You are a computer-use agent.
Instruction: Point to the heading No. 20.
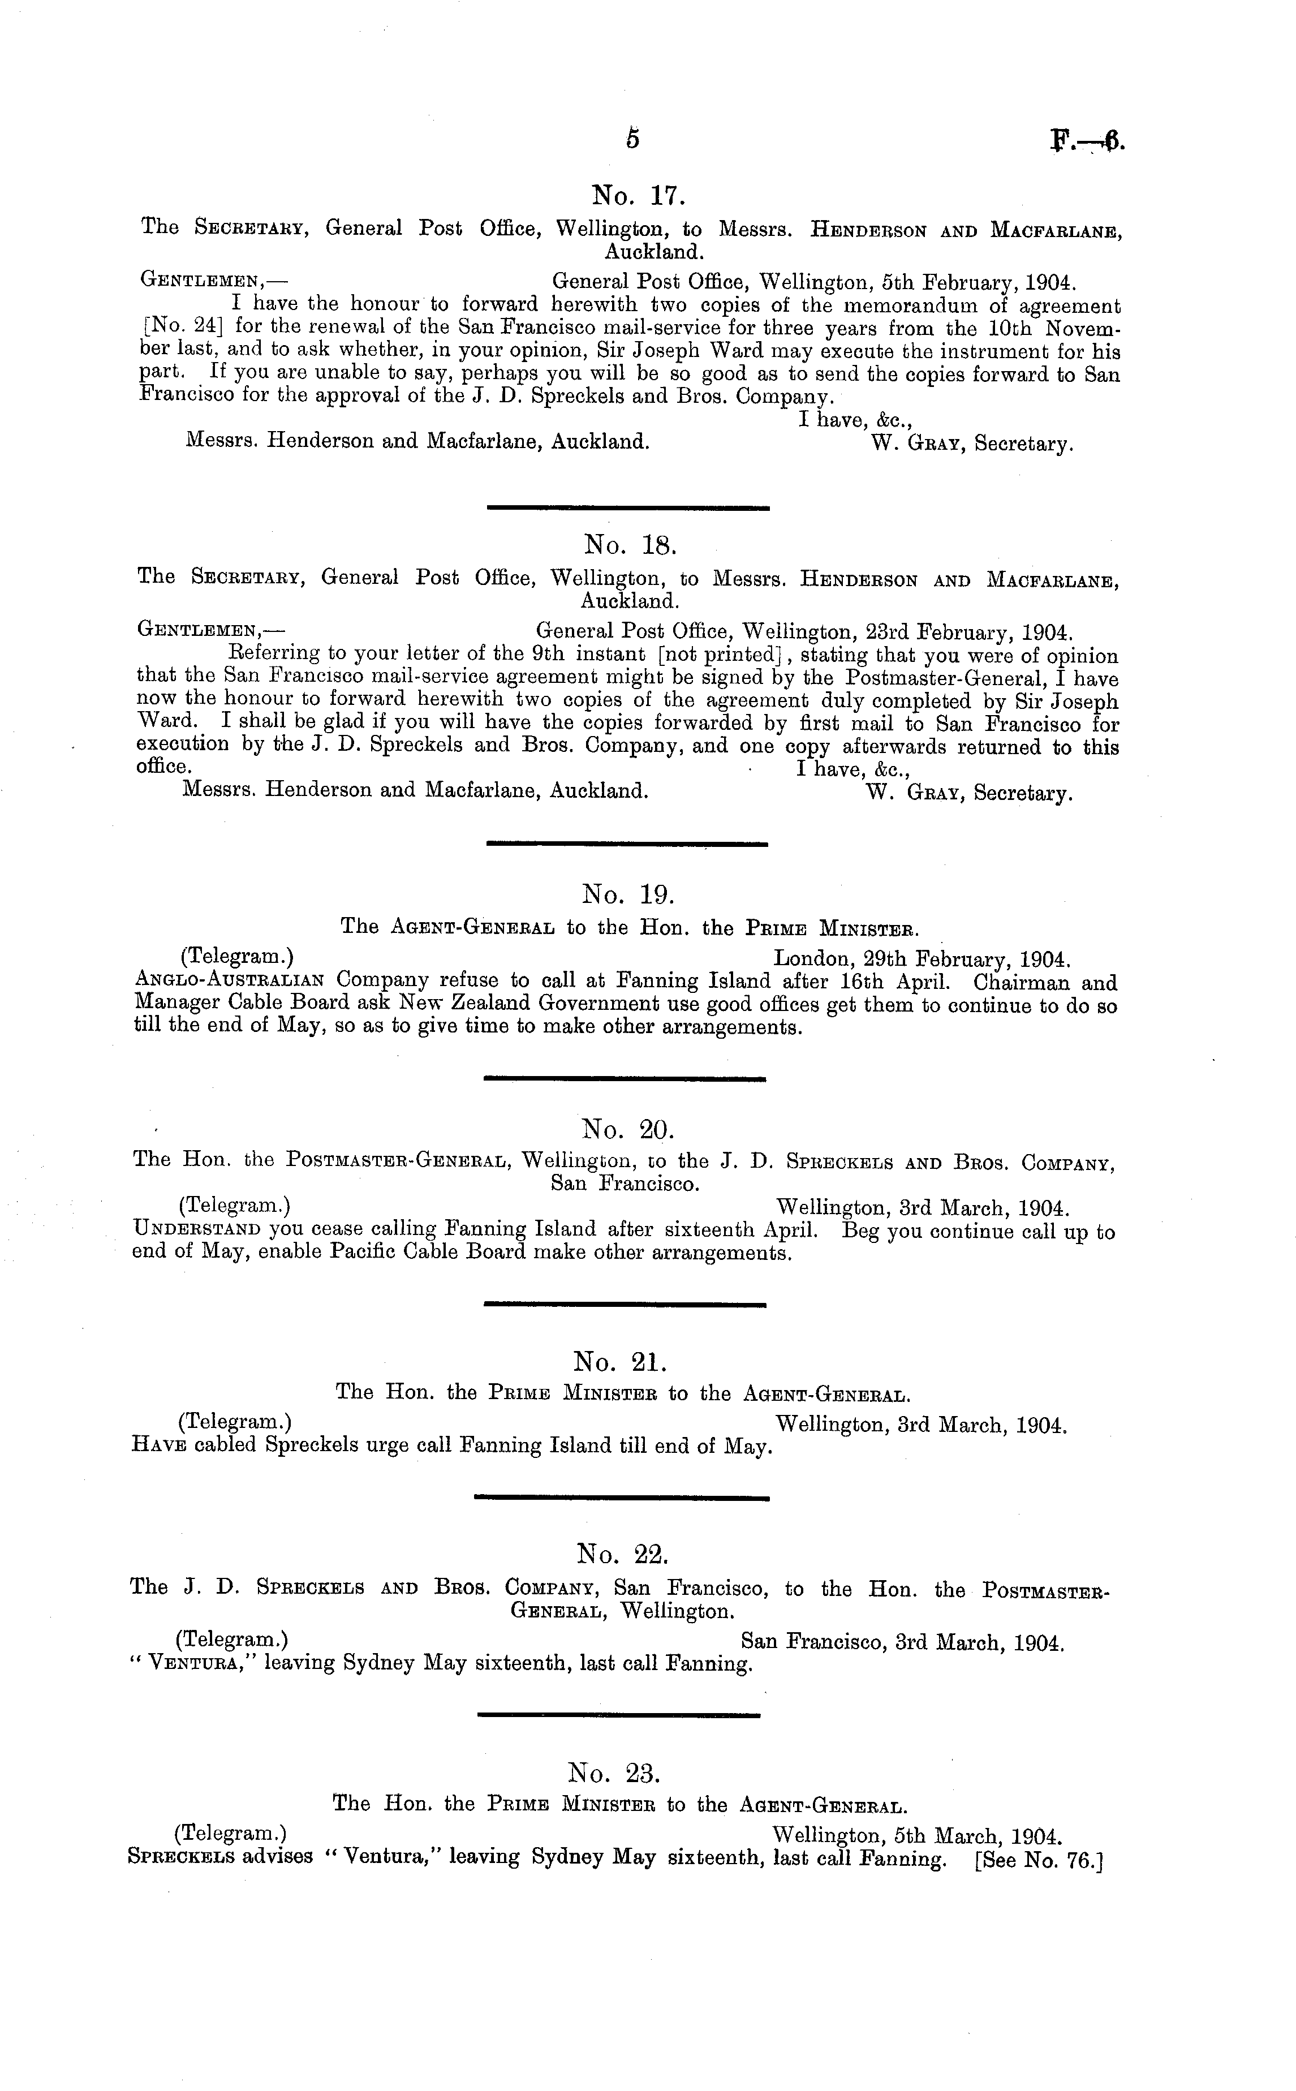[628, 1129]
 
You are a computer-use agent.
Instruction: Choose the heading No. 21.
[619, 1362]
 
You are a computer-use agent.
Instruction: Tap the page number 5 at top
[632, 139]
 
